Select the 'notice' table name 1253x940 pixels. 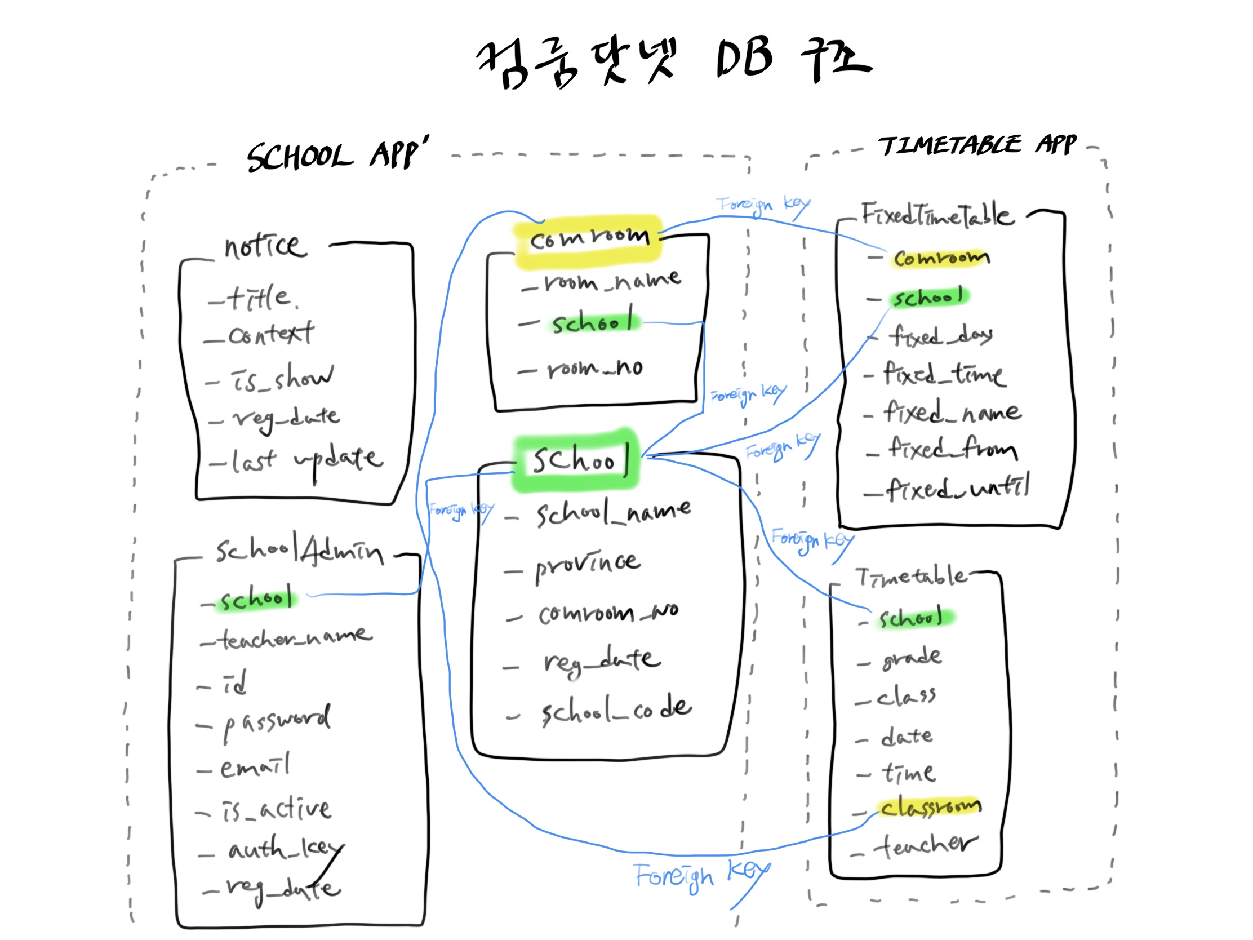tap(265, 247)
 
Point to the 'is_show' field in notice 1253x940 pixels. tap(282, 378)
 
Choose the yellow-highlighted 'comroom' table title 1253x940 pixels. tap(589, 238)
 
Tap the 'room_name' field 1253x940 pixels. tap(612, 281)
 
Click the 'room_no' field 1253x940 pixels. tap(594, 369)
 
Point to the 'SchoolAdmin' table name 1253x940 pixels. tap(299, 550)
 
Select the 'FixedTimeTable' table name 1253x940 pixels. tap(937, 215)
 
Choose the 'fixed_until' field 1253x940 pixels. tap(957, 488)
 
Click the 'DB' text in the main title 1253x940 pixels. tap(744, 58)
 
